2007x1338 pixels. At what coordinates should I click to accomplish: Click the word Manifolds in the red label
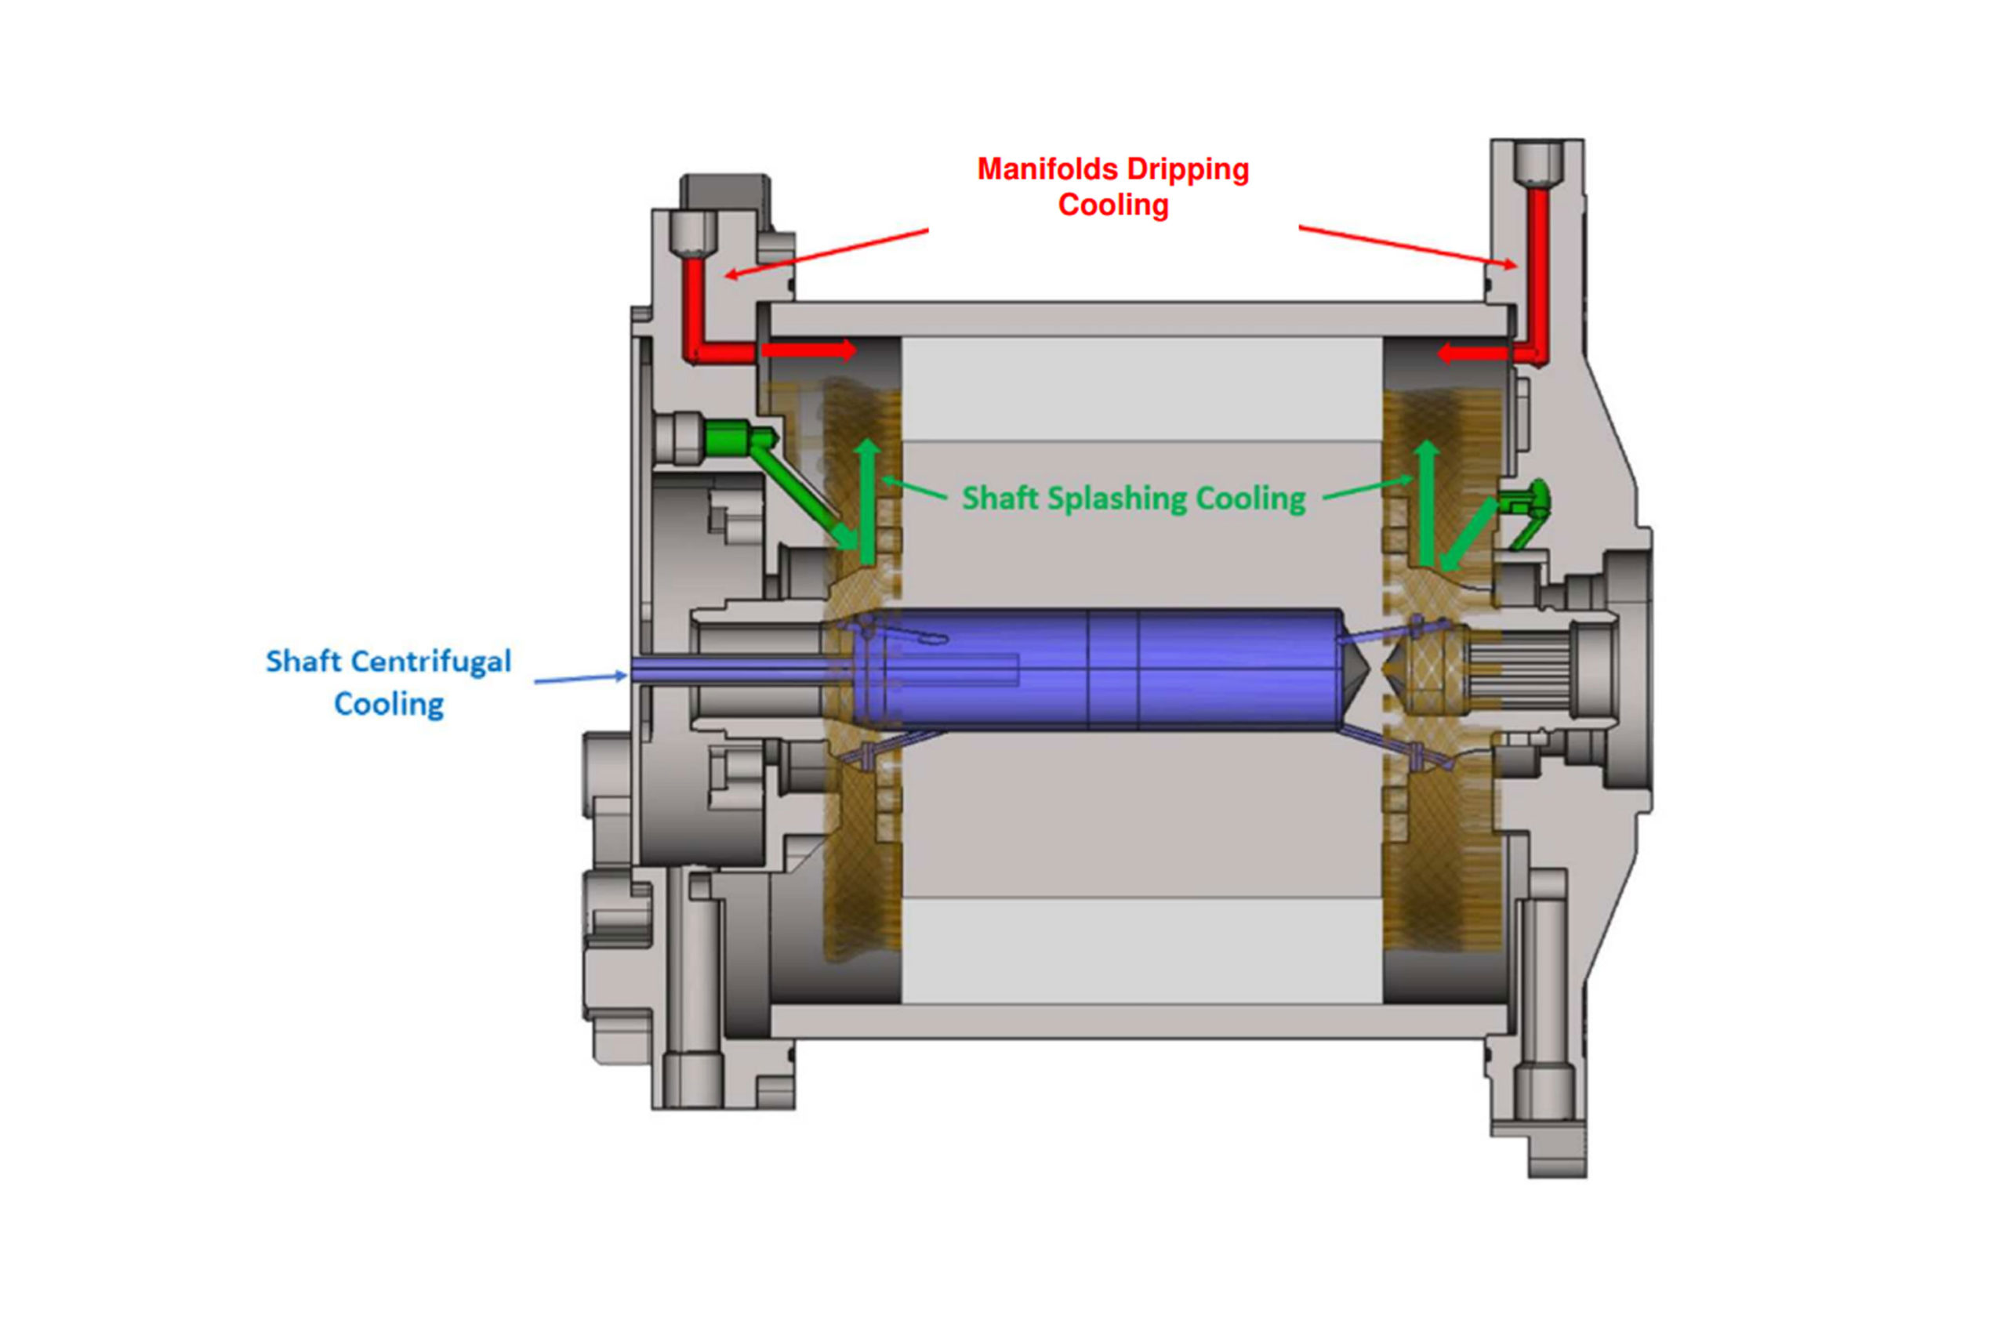pos(1045,169)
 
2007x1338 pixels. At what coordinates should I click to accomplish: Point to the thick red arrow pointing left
pos(1474,354)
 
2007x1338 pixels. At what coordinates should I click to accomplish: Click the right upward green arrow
pos(1427,503)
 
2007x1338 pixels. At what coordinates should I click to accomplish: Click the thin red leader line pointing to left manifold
pos(828,252)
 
